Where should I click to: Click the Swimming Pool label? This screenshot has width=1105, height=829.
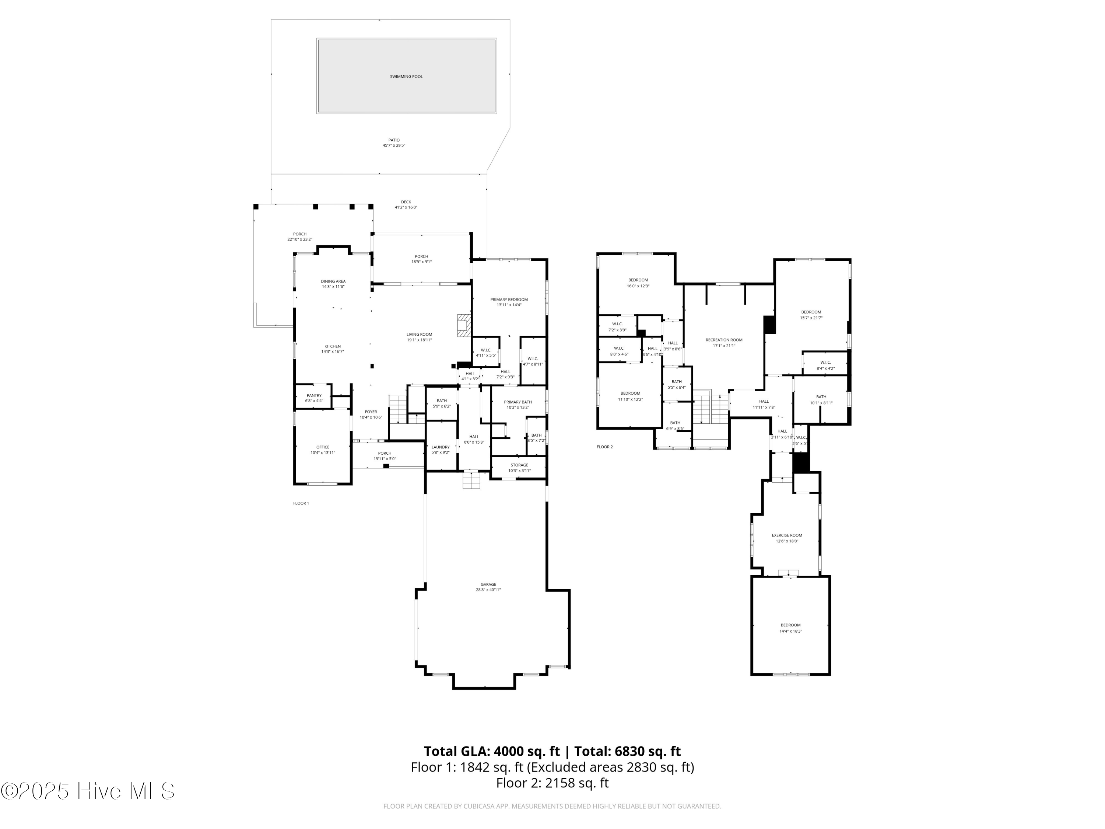click(x=406, y=77)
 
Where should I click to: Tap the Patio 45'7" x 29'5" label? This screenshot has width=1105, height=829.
click(x=394, y=143)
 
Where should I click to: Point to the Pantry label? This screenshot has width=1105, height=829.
click(x=314, y=398)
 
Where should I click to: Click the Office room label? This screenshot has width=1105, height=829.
click(x=323, y=450)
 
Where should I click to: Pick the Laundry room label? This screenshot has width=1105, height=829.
click(x=441, y=449)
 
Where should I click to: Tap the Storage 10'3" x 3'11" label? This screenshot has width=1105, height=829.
click(x=519, y=468)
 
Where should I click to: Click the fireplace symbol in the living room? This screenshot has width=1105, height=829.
click(x=464, y=325)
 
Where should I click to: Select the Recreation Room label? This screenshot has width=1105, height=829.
click(x=724, y=342)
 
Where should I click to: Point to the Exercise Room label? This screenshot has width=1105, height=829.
click(x=787, y=538)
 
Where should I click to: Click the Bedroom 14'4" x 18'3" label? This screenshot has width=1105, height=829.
click(x=790, y=627)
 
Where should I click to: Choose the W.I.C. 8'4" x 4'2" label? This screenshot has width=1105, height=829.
click(x=825, y=365)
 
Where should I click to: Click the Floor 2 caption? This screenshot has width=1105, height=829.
click(x=604, y=447)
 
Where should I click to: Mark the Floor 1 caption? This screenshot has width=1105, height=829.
click(x=301, y=503)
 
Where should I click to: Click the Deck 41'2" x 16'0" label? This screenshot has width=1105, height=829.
click(x=406, y=204)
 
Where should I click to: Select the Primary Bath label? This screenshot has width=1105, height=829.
click(x=518, y=404)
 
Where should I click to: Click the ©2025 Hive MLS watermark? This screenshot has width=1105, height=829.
click(x=87, y=791)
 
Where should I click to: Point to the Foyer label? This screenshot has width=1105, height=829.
click(x=371, y=414)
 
